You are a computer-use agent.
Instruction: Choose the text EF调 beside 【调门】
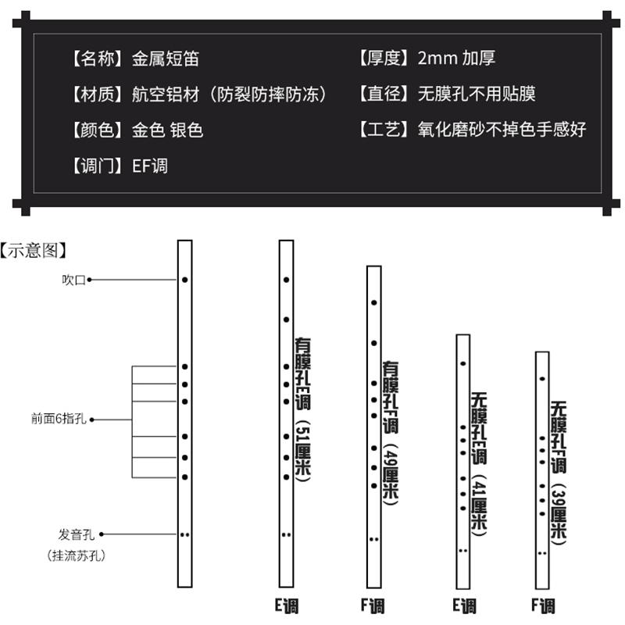point(150,165)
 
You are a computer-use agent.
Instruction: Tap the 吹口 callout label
point(73,280)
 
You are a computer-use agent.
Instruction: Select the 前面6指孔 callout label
point(59,420)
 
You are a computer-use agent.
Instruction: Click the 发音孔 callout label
point(76,535)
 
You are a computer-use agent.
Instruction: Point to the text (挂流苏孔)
point(77,556)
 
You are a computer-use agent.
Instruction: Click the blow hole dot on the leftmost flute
point(185,280)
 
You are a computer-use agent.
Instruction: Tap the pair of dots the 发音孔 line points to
point(185,535)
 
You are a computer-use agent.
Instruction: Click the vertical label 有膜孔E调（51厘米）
point(303,409)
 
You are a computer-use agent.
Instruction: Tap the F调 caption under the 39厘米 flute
point(543,605)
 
